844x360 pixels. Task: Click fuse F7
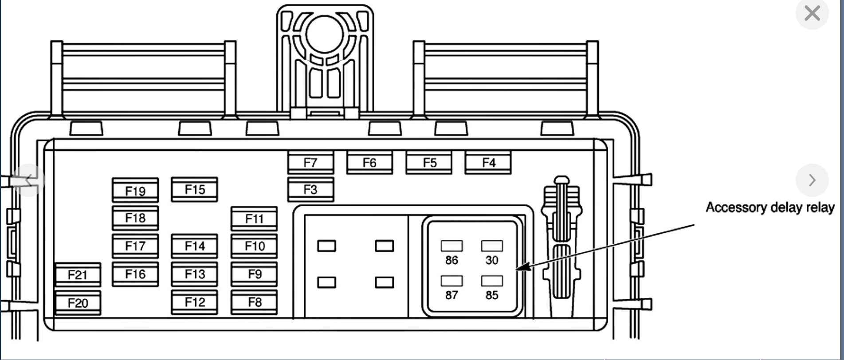pos(310,163)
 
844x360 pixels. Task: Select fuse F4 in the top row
pos(488,163)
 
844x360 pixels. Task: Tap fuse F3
pos(310,190)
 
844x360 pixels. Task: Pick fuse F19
pos(135,191)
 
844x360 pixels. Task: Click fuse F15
pos(195,190)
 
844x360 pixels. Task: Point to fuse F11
pos(254,219)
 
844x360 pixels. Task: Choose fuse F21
pos(78,275)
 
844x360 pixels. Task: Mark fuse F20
pos(78,303)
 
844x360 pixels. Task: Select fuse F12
pos(195,302)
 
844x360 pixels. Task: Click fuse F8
pos(254,302)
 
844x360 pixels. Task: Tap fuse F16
pos(135,274)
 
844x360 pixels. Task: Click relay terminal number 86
pos(451,260)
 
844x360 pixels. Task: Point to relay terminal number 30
pos(492,260)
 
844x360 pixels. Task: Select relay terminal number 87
pos(451,295)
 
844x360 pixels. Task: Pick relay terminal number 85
pos(492,295)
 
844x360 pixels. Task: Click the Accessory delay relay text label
pos(770,207)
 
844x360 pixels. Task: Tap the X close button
pos(812,13)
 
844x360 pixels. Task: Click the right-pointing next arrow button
pos(812,180)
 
